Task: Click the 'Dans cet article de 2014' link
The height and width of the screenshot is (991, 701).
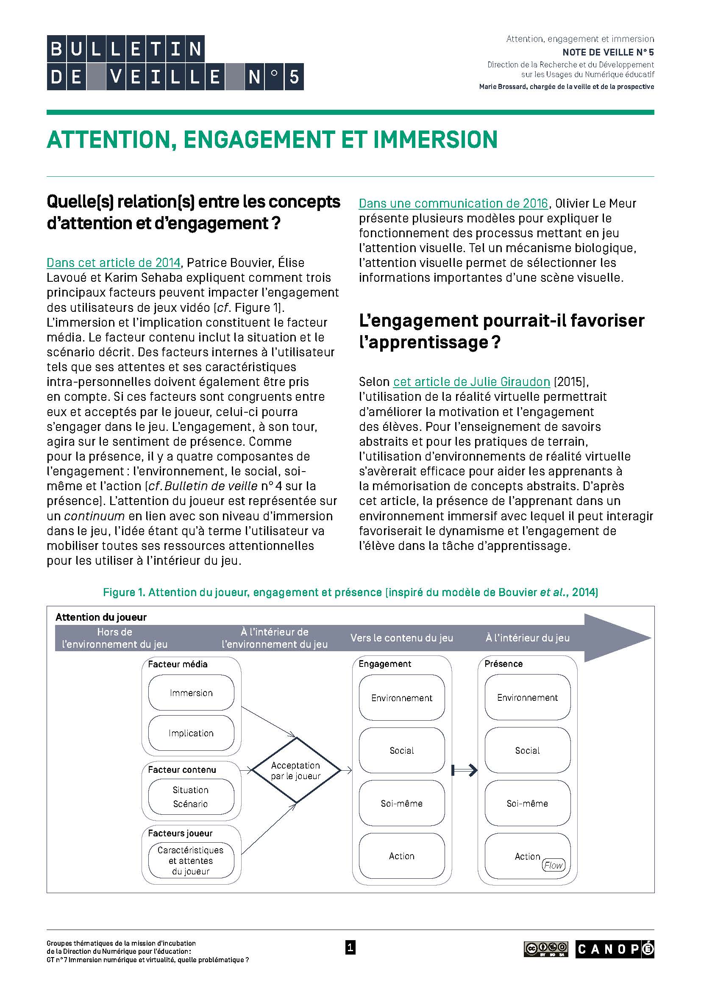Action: [x=114, y=263]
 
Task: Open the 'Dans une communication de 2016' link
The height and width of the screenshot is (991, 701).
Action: [x=453, y=203]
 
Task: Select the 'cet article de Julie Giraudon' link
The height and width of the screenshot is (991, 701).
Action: [x=471, y=382]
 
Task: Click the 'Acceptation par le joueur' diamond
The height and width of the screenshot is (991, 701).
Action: [x=296, y=770]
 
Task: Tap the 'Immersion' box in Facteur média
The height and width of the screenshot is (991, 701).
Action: [x=191, y=693]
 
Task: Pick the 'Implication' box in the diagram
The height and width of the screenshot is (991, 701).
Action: [x=191, y=733]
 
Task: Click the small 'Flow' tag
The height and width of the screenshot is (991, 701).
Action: [x=554, y=865]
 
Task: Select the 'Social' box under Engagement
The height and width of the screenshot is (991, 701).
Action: [x=401, y=751]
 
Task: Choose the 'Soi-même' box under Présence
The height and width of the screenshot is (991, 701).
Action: [x=527, y=803]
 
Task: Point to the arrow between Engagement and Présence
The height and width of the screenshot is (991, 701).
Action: [x=465, y=770]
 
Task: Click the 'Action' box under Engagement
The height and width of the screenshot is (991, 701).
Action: [x=401, y=856]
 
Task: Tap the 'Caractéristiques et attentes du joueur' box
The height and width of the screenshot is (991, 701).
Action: [x=191, y=861]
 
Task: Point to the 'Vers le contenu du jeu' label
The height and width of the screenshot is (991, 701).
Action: [x=401, y=638]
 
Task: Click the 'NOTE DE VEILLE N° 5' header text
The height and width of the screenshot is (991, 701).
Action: [x=608, y=52]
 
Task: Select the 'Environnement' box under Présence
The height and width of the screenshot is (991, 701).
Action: [x=527, y=697]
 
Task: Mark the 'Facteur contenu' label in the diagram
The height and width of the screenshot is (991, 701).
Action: [x=182, y=769]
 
